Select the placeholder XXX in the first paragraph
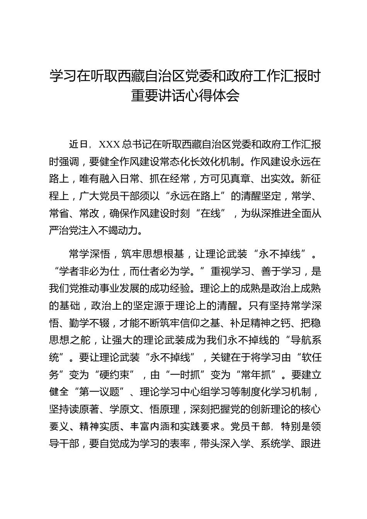point(110,144)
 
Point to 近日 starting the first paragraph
point(79,144)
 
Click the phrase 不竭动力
point(120,230)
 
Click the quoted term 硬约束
point(117,374)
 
